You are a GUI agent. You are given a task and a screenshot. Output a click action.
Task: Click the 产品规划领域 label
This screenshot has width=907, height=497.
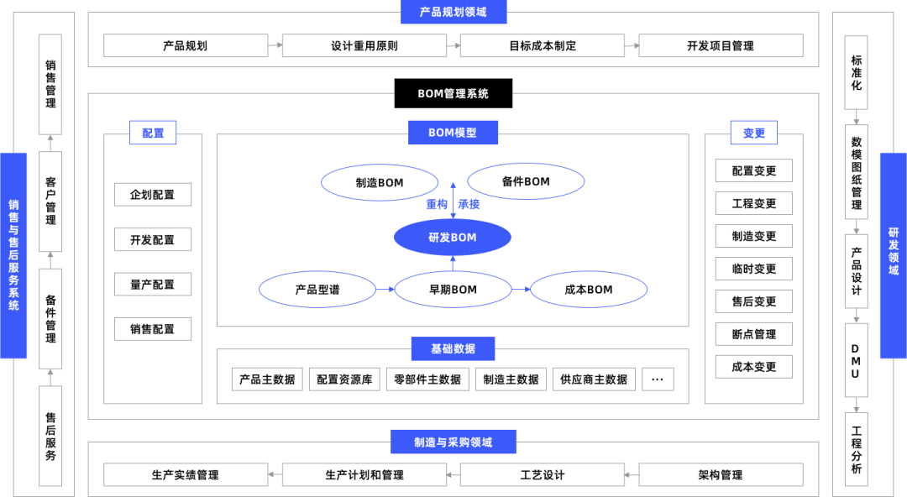(x=453, y=12)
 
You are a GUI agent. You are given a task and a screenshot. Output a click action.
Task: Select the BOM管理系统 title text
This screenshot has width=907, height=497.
(x=453, y=94)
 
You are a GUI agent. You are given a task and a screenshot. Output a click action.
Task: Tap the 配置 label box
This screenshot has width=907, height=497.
(x=153, y=133)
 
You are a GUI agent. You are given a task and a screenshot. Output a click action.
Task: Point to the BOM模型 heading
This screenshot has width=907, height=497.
(x=453, y=133)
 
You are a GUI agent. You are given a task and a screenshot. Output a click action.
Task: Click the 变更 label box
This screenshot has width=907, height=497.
(x=753, y=133)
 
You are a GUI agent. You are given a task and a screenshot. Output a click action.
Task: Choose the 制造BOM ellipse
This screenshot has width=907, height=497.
(x=380, y=182)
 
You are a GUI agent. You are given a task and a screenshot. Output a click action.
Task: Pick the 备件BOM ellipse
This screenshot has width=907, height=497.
(x=526, y=181)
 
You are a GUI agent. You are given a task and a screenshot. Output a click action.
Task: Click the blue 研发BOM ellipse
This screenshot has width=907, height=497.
(x=452, y=238)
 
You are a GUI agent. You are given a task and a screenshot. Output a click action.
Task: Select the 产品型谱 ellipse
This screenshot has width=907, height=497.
(x=317, y=290)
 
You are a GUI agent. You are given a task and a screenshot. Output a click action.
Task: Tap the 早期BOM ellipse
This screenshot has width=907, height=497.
(x=453, y=290)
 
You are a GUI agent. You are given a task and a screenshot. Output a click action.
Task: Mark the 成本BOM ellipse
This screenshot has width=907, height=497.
(x=589, y=290)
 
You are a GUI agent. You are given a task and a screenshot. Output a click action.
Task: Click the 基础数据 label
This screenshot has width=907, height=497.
(x=453, y=348)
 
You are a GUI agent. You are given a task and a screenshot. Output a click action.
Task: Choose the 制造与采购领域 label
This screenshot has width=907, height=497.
(x=453, y=442)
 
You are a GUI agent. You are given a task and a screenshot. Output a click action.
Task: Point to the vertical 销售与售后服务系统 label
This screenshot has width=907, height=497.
(x=13, y=255)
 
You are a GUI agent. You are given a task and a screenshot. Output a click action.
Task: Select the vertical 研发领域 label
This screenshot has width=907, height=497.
(x=893, y=255)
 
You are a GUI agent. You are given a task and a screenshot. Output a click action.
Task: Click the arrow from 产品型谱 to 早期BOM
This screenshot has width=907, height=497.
(x=385, y=290)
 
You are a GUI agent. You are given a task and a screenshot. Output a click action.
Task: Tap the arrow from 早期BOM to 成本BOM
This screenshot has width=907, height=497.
(x=521, y=290)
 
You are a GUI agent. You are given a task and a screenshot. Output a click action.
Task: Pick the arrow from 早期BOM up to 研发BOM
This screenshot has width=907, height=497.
(x=453, y=264)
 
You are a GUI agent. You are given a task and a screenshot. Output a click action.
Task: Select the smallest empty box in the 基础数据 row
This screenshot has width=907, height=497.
(x=658, y=379)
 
